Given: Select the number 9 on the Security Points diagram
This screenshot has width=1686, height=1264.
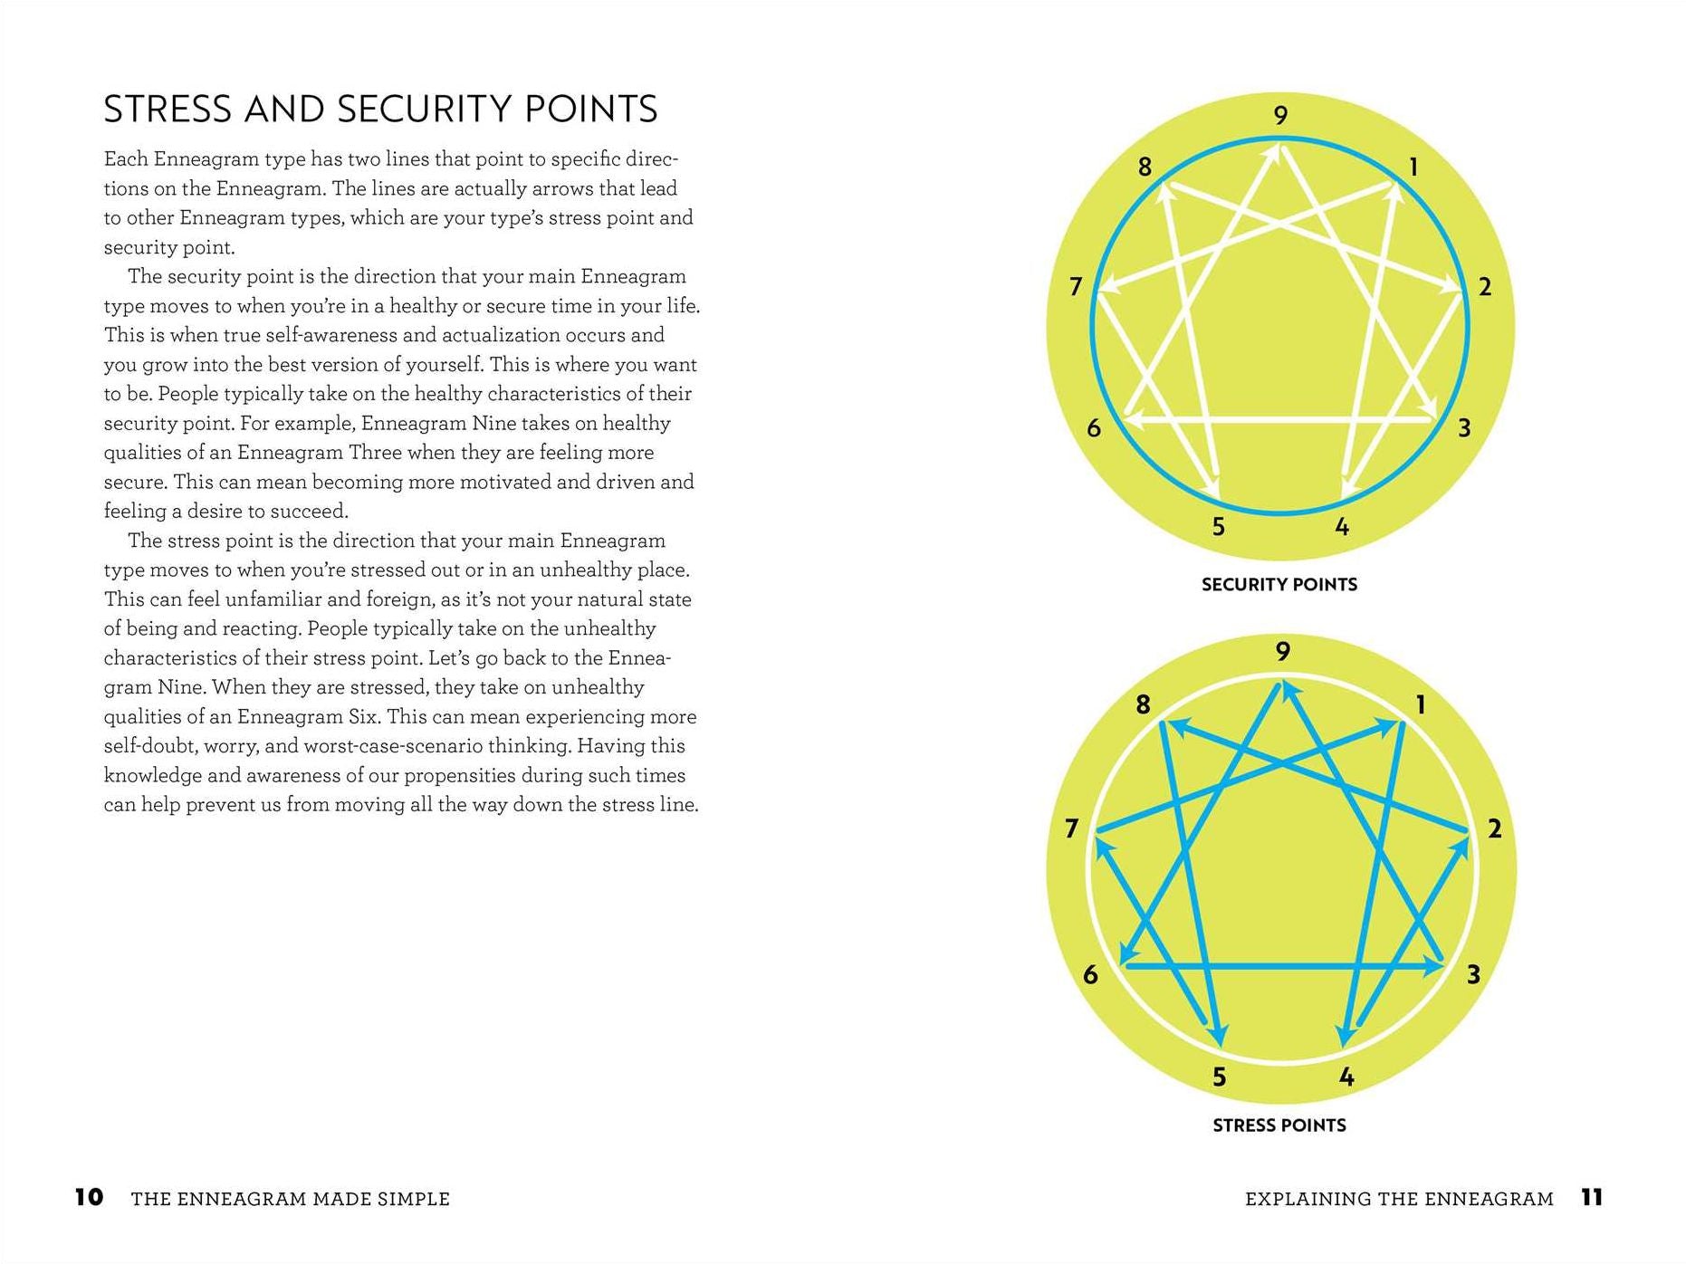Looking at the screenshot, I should [1280, 115].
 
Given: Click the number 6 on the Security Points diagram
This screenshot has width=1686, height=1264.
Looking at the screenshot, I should [1094, 427].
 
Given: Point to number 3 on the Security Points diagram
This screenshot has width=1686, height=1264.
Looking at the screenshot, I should [1464, 427].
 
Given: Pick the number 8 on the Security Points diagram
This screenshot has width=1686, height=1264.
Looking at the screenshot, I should [1145, 167].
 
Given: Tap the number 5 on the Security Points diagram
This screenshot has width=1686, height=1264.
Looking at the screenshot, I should [1219, 526].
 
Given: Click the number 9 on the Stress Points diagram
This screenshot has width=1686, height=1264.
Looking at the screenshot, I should [1282, 651].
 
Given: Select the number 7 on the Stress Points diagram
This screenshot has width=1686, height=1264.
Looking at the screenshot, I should [1072, 828].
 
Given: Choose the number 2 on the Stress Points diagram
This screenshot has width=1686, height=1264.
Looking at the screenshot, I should [1494, 828].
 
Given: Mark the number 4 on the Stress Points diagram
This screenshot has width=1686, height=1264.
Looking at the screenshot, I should [1346, 1077].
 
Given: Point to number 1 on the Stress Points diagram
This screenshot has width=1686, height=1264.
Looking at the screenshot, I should [1421, 704].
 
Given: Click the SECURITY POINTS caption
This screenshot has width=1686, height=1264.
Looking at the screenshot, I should [1279, 585].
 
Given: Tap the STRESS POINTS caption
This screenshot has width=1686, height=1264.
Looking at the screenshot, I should [1279, 1125].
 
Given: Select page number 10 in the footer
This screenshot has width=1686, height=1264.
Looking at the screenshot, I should [89, 1197].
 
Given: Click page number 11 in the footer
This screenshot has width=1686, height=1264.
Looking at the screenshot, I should [1592, 1197].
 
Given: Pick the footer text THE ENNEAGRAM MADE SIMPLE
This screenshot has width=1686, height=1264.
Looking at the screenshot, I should [290, 1199].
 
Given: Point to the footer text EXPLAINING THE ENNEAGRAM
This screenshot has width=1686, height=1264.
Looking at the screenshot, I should [1399, 1199].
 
